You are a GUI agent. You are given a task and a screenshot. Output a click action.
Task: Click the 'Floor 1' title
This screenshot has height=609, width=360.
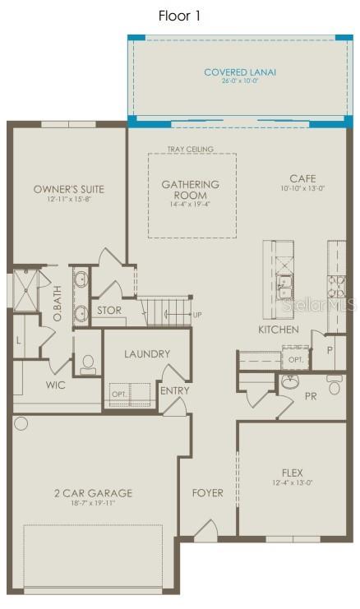click(179, 16)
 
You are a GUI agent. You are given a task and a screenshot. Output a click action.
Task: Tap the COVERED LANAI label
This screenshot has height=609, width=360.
click(240, 72)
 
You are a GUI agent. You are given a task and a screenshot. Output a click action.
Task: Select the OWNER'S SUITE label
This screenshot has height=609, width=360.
click(69, 189)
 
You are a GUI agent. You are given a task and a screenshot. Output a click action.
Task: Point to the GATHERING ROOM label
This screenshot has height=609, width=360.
click(190, 190)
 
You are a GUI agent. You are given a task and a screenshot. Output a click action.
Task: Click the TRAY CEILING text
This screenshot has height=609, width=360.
click(190, 149)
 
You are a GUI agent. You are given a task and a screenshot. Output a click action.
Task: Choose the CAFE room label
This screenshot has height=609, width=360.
click(302, 178)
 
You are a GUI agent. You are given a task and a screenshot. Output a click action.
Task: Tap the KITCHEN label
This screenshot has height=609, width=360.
click(278, 330)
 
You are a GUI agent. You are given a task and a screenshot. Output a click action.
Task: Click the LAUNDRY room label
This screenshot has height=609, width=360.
click(147, 353)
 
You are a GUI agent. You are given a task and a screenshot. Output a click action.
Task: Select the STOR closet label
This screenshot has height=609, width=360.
click(109, 311)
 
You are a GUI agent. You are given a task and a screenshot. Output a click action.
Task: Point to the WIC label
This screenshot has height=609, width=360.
click(56, 385)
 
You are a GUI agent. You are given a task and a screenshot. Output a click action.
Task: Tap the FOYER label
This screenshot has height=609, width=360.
click(207, 493)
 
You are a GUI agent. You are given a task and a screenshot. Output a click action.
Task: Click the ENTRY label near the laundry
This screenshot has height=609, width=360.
click(175, 390)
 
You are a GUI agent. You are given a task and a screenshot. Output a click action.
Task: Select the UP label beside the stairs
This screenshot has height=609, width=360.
click(196, 315)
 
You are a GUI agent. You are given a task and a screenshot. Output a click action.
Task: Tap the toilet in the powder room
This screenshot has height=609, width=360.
click(334, 385)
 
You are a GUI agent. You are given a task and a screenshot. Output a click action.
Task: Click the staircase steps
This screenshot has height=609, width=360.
click(165, 312)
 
